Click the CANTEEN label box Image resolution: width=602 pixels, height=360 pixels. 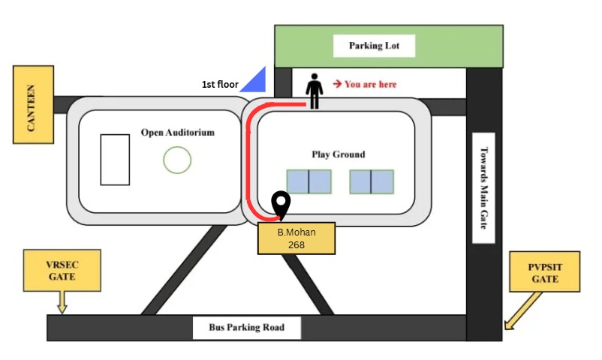[33, 105]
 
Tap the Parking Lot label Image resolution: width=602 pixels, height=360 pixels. [374, 46]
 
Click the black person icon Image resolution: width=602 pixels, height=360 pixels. [314, 91]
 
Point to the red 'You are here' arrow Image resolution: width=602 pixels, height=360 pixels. [338, 84]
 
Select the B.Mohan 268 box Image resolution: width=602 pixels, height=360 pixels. [296, 238]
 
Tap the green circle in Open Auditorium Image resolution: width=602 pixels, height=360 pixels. [177, 160]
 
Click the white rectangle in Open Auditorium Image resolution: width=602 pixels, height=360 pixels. [115, 160]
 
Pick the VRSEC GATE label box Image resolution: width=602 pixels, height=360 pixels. [62, 271]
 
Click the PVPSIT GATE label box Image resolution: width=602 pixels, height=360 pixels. [545, 272]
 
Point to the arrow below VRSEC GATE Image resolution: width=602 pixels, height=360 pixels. [62, 302]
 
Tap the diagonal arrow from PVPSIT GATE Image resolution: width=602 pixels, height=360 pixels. [523, 310]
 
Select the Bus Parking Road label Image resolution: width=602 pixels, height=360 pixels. [246, 328]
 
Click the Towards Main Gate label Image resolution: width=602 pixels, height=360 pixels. [483, 188]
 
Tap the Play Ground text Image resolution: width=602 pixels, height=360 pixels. [339, 154]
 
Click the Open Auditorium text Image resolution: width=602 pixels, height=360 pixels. [178, 133]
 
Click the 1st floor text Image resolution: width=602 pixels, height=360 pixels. [220, 85]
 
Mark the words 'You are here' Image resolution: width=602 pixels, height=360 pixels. [371, 84]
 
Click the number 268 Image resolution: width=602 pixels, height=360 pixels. [296, 244]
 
